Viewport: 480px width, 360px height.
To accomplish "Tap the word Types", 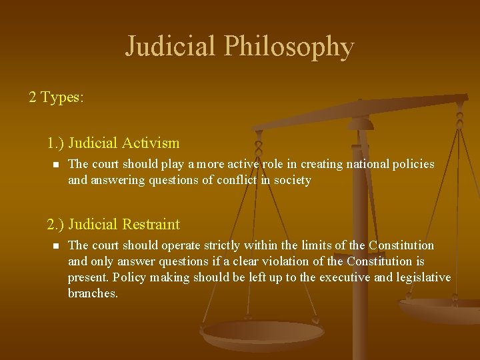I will (x=62, y=97).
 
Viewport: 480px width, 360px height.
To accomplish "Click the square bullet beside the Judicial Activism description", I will (x=56, y=164).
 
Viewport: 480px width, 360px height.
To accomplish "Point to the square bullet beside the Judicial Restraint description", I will (x=56, y=246).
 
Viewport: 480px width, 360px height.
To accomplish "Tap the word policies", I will (x=413, y=163).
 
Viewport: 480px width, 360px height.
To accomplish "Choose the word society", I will (x=292, y=180).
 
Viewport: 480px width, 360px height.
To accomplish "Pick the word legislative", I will (x=423, y=277).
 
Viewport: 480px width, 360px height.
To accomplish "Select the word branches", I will (x=93, y=293).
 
